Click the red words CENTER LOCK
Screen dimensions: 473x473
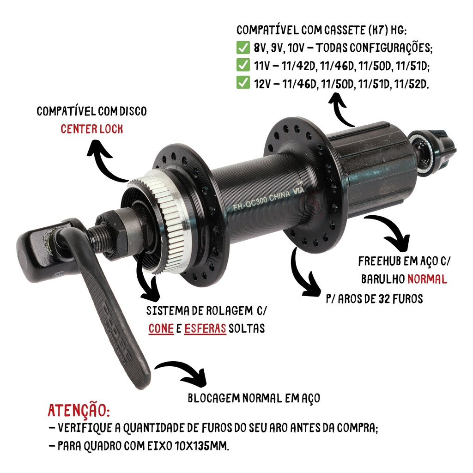coord(92,129)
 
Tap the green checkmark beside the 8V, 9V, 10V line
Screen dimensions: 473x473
coord(243,48)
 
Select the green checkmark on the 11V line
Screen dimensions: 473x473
coord(243,65)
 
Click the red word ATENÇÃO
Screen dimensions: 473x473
coord(79,410)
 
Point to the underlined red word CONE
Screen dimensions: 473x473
coord(161,328)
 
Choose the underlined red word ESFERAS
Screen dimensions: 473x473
coord(205,328)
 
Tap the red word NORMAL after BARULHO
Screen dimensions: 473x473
coord(427,279)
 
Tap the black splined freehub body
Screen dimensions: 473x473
coord(374,169)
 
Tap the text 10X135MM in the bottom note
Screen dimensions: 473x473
coord(202,446)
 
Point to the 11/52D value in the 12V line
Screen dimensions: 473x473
coord(412,84)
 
